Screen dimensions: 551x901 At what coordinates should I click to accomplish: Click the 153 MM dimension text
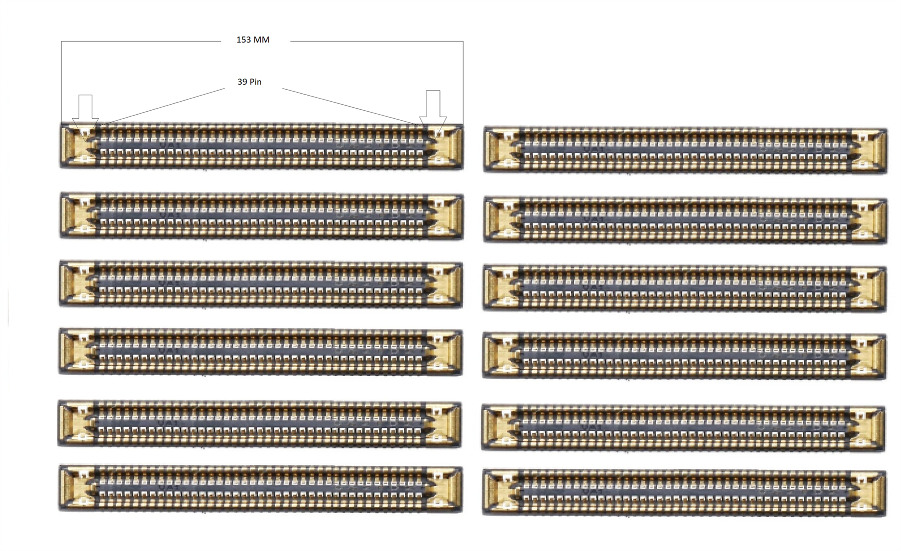[253, 40]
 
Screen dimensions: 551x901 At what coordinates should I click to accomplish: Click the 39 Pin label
[249, 82]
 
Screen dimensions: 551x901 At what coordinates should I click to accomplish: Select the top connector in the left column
[261, 146]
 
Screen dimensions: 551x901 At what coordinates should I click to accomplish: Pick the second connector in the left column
[261, 215]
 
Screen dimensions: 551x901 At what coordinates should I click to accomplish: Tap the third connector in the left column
[261, 284]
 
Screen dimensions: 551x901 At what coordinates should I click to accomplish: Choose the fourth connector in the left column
[260, 352]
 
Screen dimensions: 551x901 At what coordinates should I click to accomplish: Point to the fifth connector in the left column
[259, 424]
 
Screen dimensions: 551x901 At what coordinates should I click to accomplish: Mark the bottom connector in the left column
[261, 488]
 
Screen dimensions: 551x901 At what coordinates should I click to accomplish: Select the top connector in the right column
[685, 150]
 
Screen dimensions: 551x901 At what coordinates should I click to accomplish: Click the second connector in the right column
[685, 220]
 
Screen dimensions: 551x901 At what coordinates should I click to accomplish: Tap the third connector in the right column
[685, 289]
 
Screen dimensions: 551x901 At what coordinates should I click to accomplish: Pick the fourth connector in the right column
[684, 356]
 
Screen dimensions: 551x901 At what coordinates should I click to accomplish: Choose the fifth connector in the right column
[683, 428]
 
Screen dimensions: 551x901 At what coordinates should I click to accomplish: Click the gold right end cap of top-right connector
[870, 150]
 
